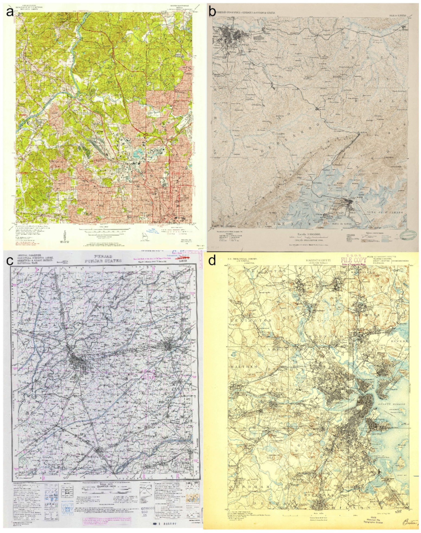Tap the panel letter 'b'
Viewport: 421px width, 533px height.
[x=211, y=11]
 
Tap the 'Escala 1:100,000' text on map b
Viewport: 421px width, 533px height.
[x=307, y=233]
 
